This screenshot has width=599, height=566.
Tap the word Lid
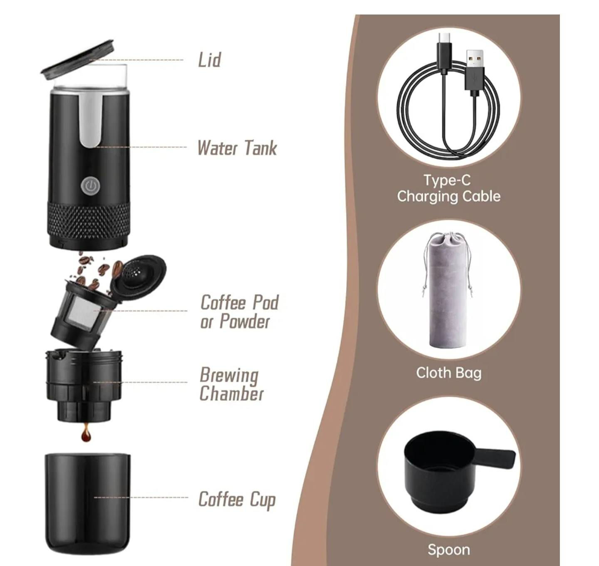point(209,60)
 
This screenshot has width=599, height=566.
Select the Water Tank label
point(237,148)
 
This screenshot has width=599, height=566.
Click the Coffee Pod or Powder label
point(239,311)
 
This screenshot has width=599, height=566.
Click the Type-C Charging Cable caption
point(448,188)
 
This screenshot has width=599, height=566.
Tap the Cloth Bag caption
point(448,372)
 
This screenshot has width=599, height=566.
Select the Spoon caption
point(448,541)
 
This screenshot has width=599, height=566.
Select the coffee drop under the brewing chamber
point(86,433)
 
